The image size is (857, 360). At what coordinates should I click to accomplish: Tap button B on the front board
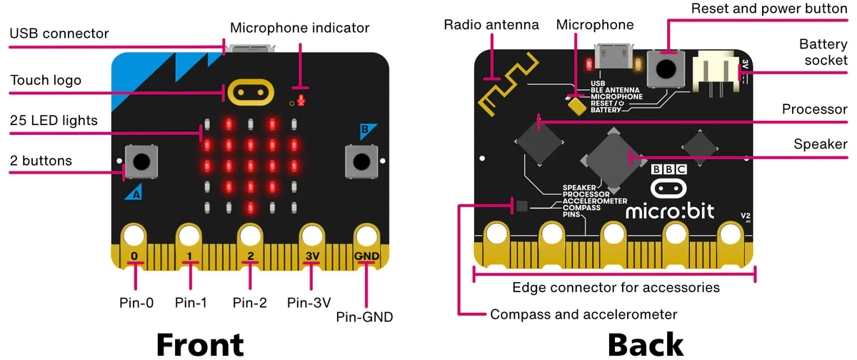(x=361, y=160)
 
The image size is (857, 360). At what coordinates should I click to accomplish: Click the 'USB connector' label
(x=59, y=34)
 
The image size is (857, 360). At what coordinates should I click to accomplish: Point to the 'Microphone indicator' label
(x=300, y=28)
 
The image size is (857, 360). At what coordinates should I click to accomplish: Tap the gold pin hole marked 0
(x=134, y=236)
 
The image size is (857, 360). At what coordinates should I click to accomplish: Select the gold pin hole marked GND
(x=366, y=236)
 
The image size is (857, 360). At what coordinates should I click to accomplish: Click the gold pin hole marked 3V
(x=311, y=236)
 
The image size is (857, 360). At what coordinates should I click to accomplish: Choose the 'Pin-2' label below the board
(x=249, y=302)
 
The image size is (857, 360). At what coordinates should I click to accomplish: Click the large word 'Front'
(x=200, y=344)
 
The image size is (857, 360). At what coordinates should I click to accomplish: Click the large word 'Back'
(x=645, y=344)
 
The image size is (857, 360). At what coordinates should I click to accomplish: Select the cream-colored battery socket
(x=717, y=71)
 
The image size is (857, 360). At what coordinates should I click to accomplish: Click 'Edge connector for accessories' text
(x=616, y=287)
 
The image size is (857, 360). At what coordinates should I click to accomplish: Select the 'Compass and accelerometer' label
(x=583, y=314)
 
